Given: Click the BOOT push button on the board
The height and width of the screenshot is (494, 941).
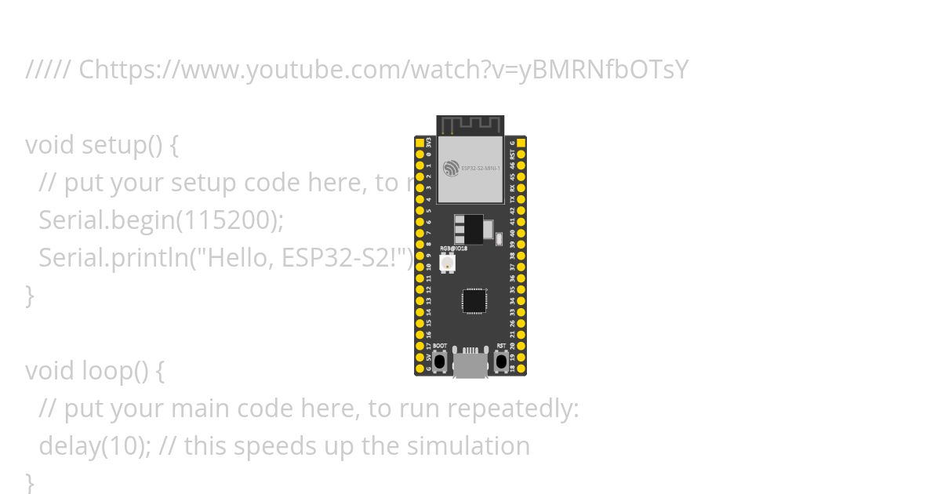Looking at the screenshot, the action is (440, 361).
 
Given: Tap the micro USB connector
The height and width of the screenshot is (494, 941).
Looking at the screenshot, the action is (470, 365).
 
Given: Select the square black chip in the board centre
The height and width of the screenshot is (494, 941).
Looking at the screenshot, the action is (474, 301).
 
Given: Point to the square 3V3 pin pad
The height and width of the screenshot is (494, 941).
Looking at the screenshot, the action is (420, 143).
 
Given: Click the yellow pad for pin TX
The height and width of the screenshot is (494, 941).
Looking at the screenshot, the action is (521, 199).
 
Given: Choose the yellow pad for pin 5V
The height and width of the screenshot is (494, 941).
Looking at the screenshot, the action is (420, 357).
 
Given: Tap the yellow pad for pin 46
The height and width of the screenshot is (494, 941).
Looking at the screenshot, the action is (521, 165).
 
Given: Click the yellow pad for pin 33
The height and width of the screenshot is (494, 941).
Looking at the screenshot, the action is (521, 311).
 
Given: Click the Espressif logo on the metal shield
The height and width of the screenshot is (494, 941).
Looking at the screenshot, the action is (450, 168).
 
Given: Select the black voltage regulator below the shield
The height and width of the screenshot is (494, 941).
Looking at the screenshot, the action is (468, 228).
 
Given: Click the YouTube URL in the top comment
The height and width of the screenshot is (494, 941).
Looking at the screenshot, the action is (383, 70).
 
